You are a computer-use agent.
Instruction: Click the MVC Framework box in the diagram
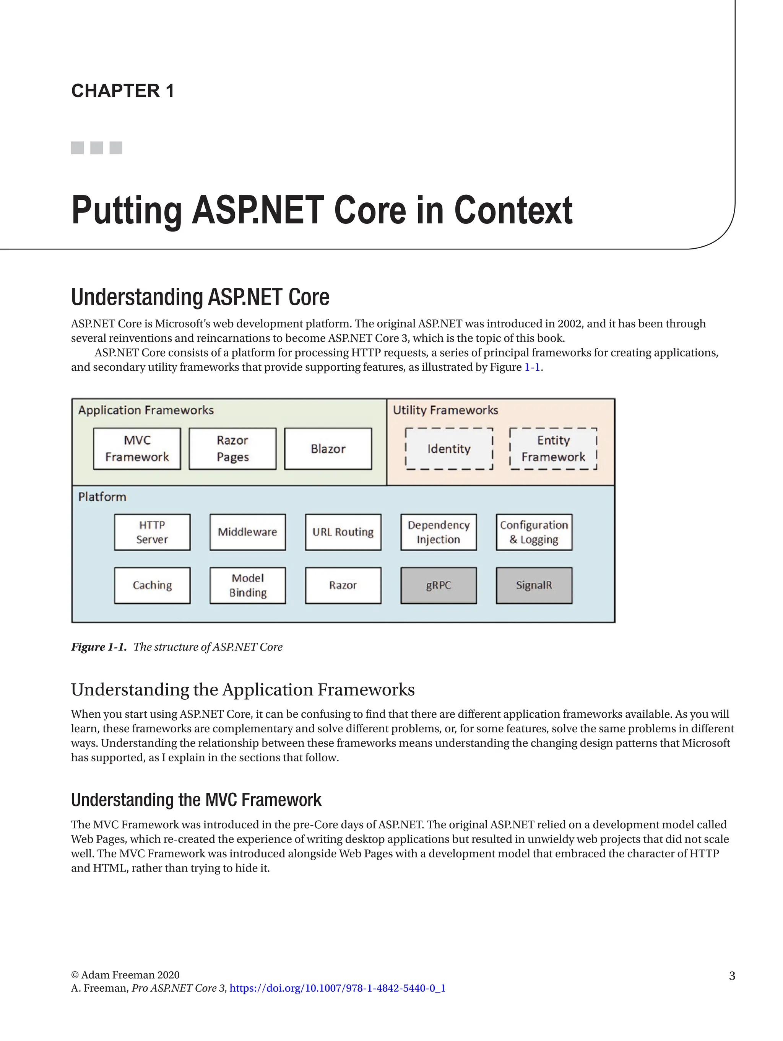coord(137,448)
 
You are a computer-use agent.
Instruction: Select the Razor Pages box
coord(232,448)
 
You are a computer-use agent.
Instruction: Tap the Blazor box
coord(328,448)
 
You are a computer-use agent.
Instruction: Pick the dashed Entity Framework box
coord(553,448)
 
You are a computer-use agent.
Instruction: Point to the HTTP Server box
coord(152,532)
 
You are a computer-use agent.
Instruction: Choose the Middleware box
coord(247,532)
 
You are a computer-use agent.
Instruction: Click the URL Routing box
coord(343,532)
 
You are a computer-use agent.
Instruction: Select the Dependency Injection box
coord(438,532)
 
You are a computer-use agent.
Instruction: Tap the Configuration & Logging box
coord(534,532)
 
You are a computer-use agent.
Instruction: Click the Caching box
coord(152,585)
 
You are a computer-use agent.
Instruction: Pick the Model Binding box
coord(247,585)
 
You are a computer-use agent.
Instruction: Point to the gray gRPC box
coord(438,585)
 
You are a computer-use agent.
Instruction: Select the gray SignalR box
coord(534,585)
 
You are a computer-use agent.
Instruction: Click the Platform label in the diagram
coord(102,497)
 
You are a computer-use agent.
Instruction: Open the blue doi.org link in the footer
coord(337,988)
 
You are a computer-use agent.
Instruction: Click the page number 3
coord(732,976)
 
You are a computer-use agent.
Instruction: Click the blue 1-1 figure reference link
coord(532,367)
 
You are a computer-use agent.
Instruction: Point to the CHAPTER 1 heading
coord(123,90)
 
